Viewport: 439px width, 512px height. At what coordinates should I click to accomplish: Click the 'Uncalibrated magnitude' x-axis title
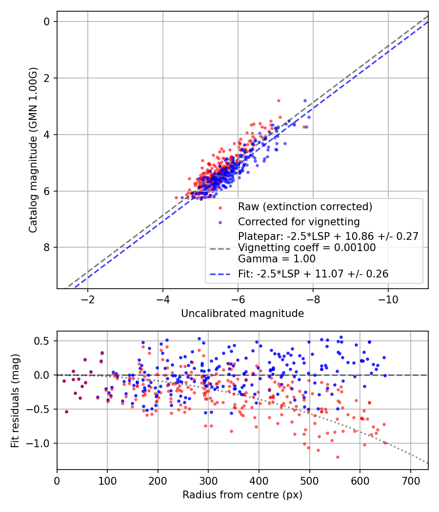click(242, 313)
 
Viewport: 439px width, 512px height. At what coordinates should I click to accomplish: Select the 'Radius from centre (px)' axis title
click(242, 495)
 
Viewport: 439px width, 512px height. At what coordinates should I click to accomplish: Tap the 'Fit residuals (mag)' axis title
click(15, 400)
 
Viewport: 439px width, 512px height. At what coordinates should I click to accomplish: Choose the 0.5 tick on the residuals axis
click(44, 341)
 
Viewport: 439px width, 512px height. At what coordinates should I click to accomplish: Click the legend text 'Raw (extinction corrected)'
click(305, 207)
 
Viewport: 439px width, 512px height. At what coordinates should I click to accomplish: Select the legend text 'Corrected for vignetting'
click(299, 222)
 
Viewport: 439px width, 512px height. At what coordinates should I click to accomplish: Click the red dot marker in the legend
click(220, 207)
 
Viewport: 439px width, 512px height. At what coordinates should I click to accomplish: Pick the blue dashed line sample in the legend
click(220, 275)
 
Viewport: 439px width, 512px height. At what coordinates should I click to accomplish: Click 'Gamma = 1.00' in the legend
click(277, 259)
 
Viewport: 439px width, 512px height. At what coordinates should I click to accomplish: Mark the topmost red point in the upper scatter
click(279, 100)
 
